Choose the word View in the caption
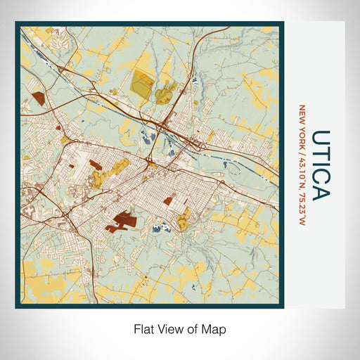click(x=169, y=328)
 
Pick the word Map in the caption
click(x=216, y=328)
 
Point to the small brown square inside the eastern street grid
click(x=168, y=200)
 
